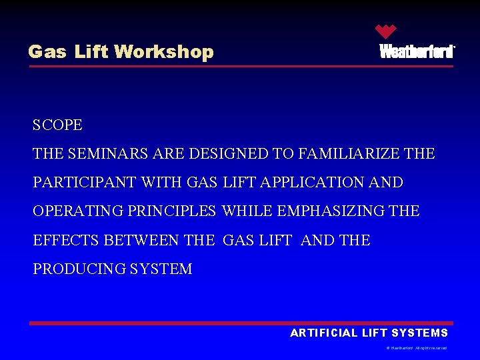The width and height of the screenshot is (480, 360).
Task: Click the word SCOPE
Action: pyautogui.click(x=57, y=125)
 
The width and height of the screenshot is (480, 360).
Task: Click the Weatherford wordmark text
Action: pyautogui.click(x=417, y=52)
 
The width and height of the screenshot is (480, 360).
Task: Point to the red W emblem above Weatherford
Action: pyautogui.click(x=385, y=31)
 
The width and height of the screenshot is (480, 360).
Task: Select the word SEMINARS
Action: pyautogui.click(x=107, y=154)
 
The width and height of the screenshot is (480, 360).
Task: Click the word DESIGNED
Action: pyautogui.click(x=229, y=154)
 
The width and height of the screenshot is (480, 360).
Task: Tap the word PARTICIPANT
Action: pyautogui.click(x=86, y=183)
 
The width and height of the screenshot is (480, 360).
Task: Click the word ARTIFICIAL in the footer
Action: pyautogui.click(x=323, y=333)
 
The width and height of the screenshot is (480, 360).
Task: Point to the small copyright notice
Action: pyautogui.click(x=416, y=348)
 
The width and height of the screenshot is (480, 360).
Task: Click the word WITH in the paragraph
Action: pyautogui.click(x=165, y=183)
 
